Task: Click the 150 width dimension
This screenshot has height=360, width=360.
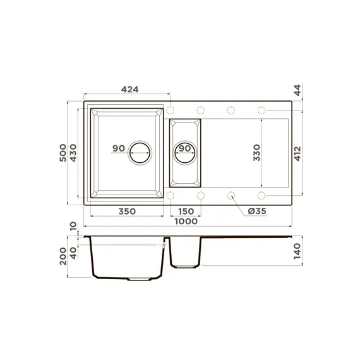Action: click(184, 211)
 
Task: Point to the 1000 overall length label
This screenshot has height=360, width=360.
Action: click(186, 221)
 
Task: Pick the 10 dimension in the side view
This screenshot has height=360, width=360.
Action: click(73, 226)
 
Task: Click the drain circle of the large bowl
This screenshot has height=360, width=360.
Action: click(140, 153)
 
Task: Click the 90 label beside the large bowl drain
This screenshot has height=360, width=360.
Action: click(118, 148)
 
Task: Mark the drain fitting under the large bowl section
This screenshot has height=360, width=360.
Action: click(140, 278)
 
